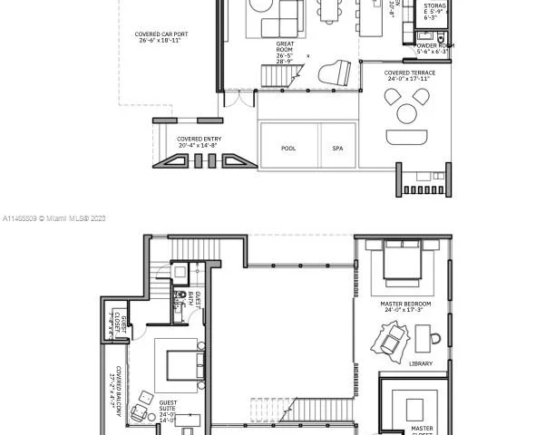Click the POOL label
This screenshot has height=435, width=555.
(x=288, y=149)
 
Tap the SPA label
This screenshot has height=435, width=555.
(x=337, y=149)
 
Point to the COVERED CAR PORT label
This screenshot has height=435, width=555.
(x=160, y=37)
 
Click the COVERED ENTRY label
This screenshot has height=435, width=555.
(x=199, y=142)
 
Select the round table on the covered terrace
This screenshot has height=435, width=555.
(x=406, y=114)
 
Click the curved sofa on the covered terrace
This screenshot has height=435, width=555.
(x=405, y=137)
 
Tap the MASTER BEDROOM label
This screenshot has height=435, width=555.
(x=405, y=307)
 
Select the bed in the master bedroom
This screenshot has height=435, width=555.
(x=401, y=264)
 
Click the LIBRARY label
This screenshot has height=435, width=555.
(x=420, y=363)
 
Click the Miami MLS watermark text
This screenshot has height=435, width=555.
(x=54, y=218)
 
